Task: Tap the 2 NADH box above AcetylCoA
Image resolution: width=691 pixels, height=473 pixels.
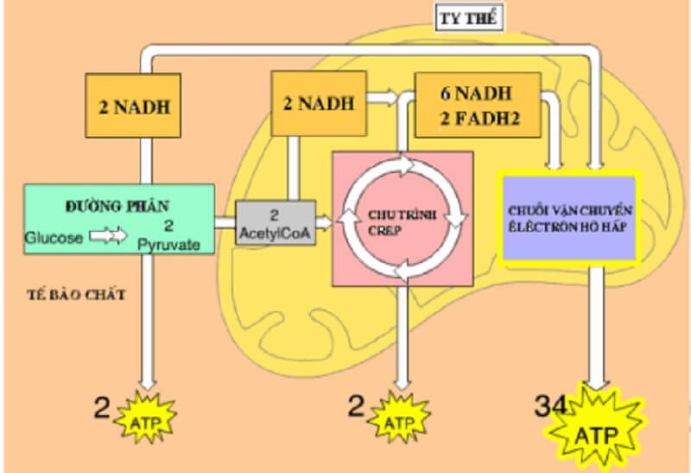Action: pyautogui.click(x=318, y=103)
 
